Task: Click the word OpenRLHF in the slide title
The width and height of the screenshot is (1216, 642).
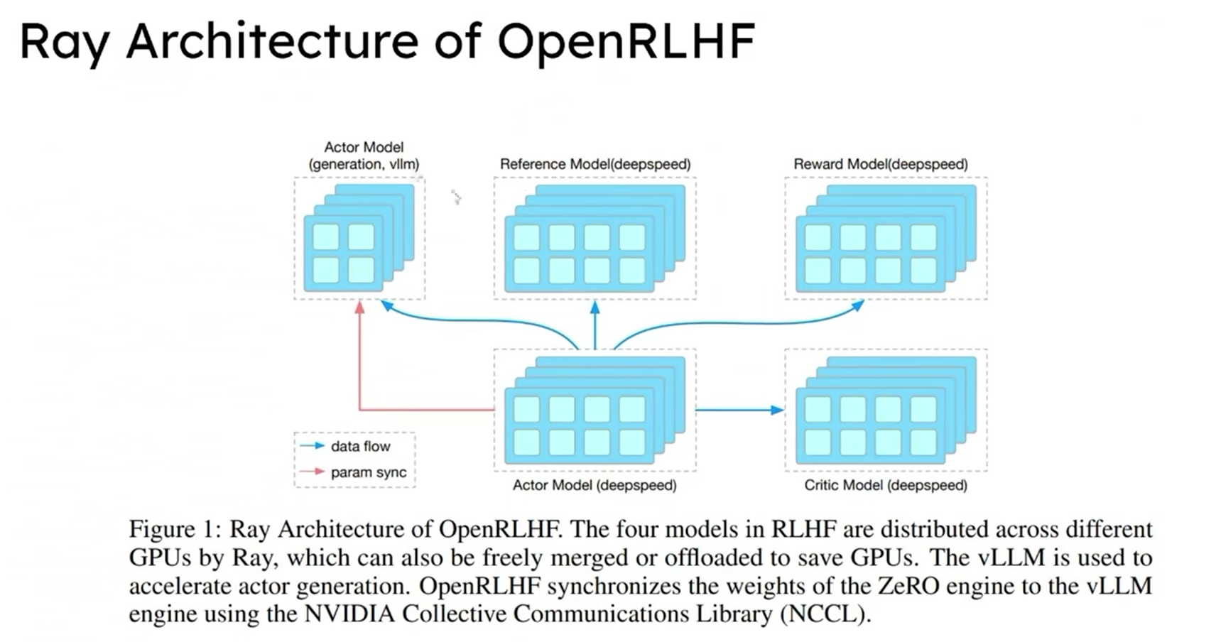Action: point(625,40)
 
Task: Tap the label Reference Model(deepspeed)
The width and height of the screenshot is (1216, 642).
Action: point(595,164)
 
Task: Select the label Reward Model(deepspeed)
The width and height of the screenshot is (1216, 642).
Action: point(881,164)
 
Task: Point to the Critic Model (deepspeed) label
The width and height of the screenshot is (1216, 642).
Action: point(885,485)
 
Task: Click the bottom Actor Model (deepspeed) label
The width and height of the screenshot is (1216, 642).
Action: point(595,485)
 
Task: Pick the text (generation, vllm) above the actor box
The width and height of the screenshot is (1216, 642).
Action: point(364,164)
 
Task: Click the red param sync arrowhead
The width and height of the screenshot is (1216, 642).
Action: point(359,307)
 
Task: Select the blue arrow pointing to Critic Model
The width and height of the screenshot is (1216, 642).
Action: point(739,410)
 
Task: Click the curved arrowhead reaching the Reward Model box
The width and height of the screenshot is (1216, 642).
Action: point(858,305)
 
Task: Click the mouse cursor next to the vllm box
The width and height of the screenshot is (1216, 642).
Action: point(456,197)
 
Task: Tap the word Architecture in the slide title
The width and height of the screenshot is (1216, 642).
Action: point(272,40)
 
